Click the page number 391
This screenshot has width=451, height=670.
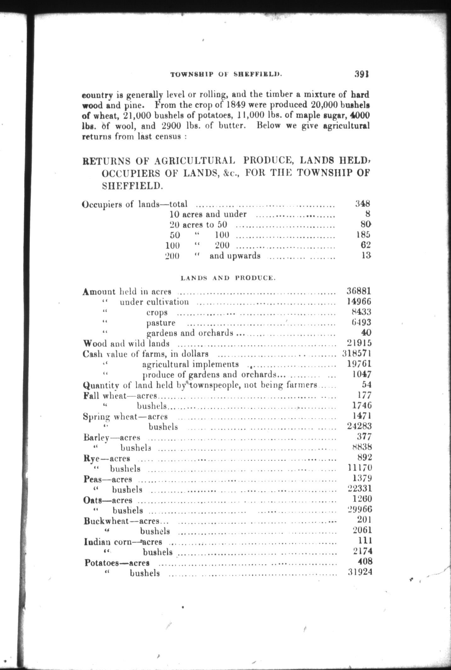coord(361,74)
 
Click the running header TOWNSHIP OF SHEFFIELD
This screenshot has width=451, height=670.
coord(226,75)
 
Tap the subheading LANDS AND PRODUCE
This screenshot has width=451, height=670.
coord(228,278)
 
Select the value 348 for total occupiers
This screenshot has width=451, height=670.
coord(363,204)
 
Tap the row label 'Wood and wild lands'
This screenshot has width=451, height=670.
coord(126,343)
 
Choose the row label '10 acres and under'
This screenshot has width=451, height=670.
coord(208,214)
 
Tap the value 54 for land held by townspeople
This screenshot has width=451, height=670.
coord(367,385)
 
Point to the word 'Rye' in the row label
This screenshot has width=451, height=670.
coord(91,458)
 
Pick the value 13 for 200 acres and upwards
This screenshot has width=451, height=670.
coord(366,255)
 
